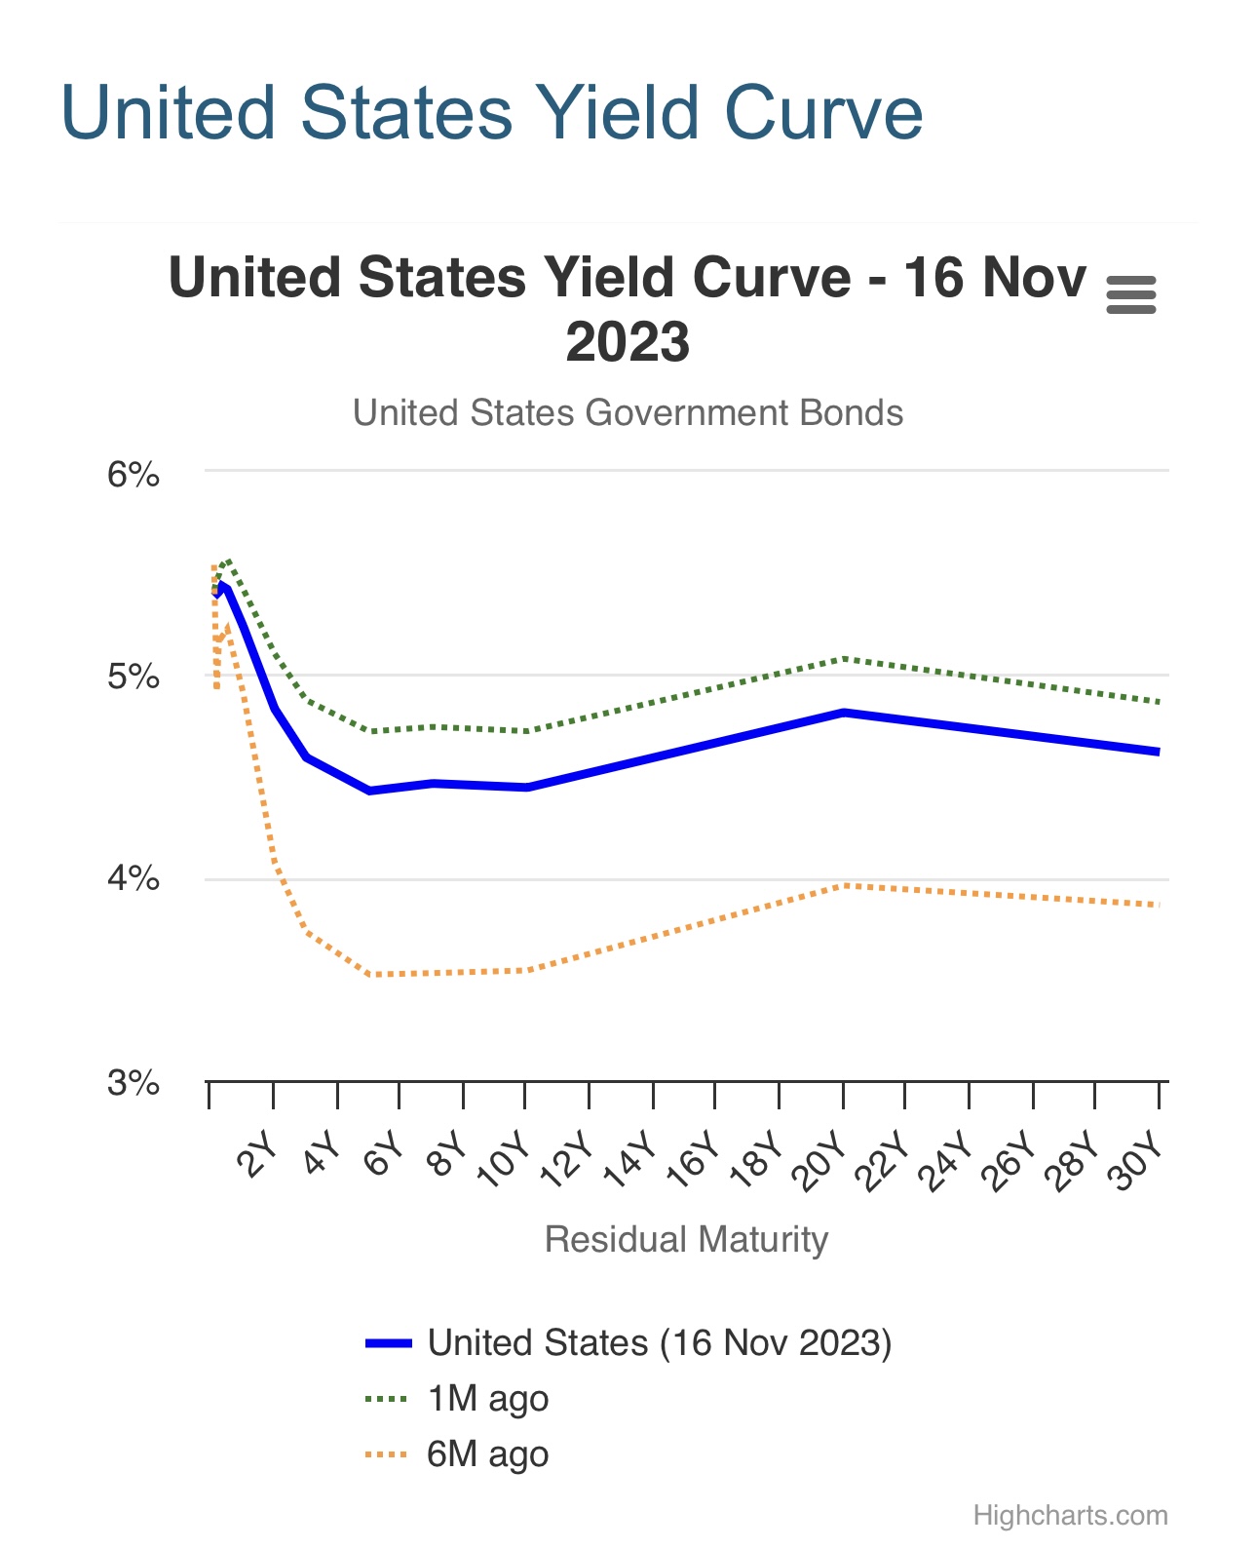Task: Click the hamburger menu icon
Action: coord(1131,294)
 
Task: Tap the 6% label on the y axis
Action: coord(133,475)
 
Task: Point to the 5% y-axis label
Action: coord(133,677)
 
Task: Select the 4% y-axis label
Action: coord(133,879)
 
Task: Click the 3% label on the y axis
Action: coord(133,1082)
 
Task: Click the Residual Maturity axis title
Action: coord(686,1239)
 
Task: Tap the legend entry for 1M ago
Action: coord(487,1399)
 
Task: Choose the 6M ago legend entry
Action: coord(487,1454)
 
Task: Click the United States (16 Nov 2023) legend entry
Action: coord(659,1343)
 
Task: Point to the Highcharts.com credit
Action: coord(1070,1516)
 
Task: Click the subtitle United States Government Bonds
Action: coord(628,412)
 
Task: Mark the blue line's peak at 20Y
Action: coord(844,713)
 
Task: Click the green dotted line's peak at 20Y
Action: coord(844,659)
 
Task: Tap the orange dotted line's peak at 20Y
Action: coord(844,885)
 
